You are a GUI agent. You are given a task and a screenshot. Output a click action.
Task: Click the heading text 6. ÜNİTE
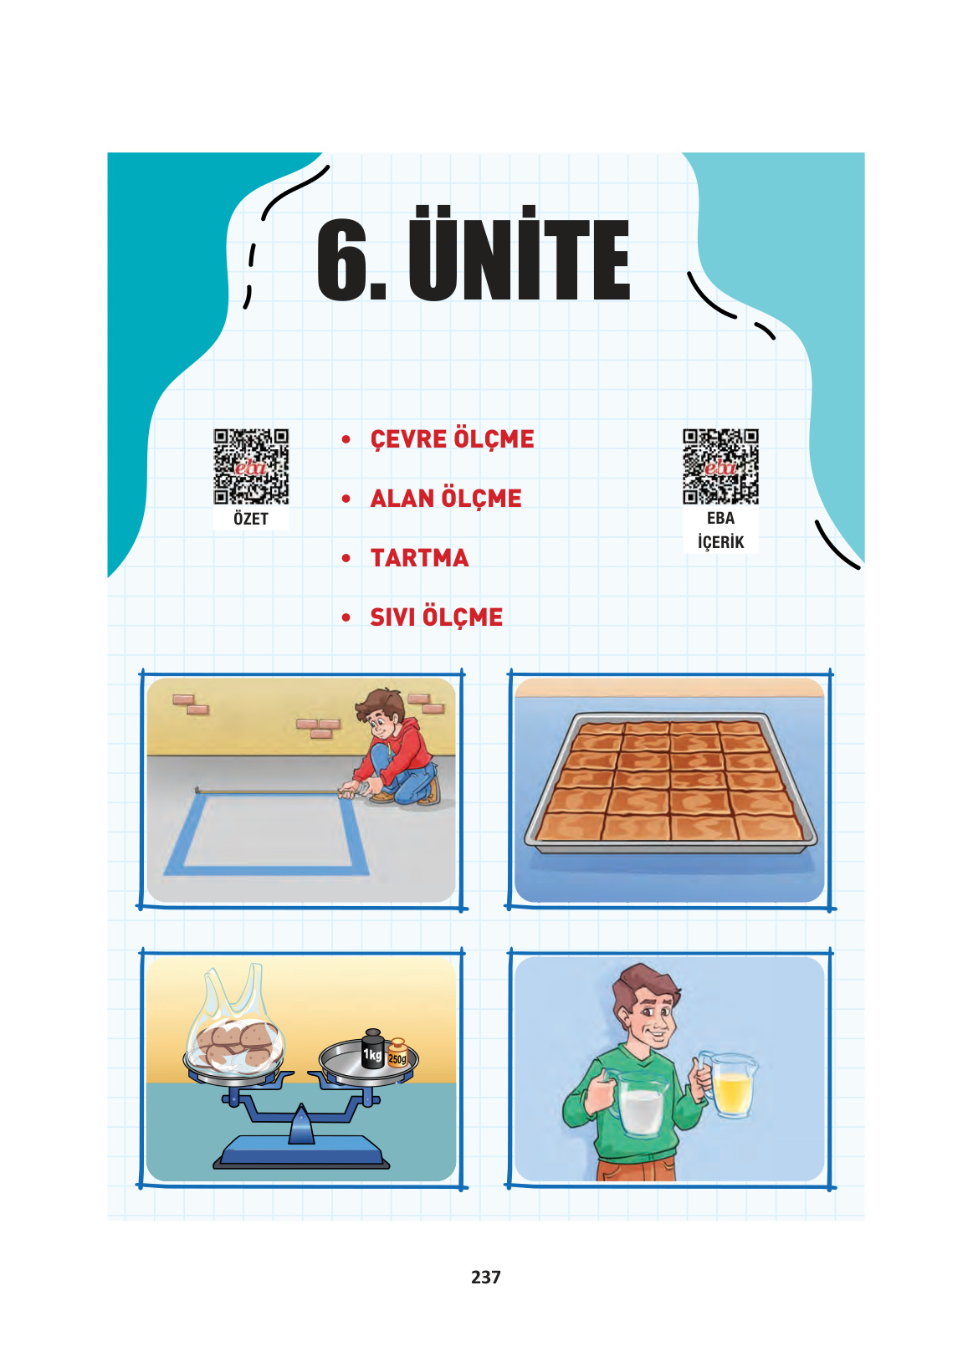(474, 253)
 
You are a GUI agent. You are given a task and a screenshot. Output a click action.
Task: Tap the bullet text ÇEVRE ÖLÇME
(452, 439)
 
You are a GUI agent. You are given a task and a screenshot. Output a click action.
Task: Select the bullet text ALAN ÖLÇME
(445, 499)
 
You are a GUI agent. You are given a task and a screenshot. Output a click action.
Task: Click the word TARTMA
(419, 558)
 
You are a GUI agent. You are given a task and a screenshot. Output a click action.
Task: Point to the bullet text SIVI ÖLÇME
(436, 617)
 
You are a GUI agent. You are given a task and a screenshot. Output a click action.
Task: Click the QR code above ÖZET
(251, 467)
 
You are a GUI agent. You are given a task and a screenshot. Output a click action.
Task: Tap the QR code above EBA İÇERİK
(720, 467)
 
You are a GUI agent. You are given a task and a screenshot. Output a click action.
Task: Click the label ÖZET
(251, 519)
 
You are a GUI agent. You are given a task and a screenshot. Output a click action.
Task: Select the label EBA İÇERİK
(720, 530)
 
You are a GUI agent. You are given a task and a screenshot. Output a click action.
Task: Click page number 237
(486, 1278)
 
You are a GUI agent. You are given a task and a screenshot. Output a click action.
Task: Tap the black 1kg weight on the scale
(372, 1049)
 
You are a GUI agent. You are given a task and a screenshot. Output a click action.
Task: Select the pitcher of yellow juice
(729, 1084)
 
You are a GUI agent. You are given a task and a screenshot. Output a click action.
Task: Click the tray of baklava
(671, 783)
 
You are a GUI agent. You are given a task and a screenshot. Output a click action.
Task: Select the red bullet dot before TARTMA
(346, 558)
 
